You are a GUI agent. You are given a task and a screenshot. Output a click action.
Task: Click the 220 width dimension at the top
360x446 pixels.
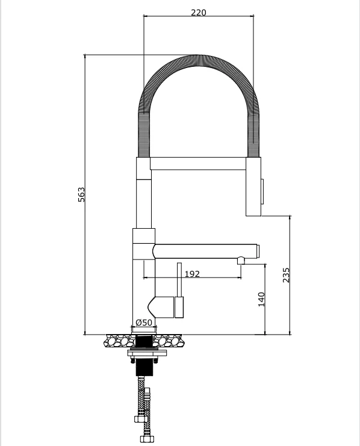(198, 13)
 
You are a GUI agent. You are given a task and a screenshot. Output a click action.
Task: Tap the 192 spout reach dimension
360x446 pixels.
(191, 274)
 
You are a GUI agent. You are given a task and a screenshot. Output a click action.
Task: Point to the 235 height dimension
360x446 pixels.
(287, 274)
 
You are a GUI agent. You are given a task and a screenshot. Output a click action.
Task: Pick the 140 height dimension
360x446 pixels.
(261, 299)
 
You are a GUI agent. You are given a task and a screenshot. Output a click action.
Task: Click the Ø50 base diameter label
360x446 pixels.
(143, 323)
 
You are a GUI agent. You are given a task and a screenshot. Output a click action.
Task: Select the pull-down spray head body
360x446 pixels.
(253, 187)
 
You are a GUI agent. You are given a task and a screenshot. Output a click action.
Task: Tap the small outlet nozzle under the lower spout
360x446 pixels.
(240, 261)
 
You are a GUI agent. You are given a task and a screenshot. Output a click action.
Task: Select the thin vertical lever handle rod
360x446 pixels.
(179, 279)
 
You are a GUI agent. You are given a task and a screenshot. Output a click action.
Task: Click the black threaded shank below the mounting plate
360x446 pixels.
(143, 367)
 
